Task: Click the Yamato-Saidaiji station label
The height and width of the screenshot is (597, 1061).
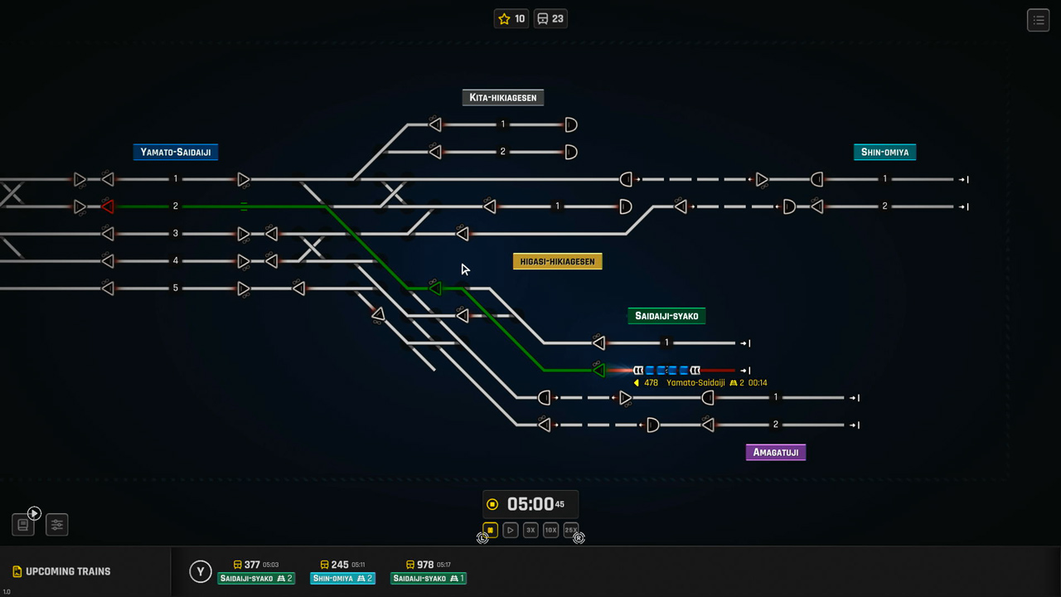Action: [175, 153]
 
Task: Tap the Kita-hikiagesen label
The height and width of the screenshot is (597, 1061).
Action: [502, 98]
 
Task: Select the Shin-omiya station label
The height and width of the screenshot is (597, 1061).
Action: [884, 153]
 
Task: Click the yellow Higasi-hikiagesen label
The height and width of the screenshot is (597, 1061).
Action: [557, 262]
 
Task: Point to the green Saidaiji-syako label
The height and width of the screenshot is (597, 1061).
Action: [666, 316]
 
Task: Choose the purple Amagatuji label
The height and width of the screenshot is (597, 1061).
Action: [775, 453]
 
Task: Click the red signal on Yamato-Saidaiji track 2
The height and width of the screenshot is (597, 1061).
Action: [107, 206]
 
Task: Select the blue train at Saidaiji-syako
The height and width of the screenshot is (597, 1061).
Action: [666, 371]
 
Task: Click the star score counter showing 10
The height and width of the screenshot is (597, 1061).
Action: [511, 19]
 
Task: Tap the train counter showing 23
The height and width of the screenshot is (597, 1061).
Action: [550, 19]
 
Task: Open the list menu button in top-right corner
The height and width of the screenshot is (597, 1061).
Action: [1038, 20]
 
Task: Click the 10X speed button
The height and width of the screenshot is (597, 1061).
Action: [550, 530]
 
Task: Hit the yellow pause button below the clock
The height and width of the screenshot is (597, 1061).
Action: [490, 530]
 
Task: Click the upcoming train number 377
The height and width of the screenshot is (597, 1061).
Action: [252, 565]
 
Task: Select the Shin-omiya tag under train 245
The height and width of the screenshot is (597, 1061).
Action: [342, 579]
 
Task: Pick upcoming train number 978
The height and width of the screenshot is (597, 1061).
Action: [425, 565]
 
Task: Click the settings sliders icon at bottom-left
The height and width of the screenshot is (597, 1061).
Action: [56, 524]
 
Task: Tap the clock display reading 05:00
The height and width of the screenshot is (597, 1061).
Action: [530, 504]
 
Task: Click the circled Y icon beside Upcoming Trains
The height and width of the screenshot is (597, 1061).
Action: [200, 571]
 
